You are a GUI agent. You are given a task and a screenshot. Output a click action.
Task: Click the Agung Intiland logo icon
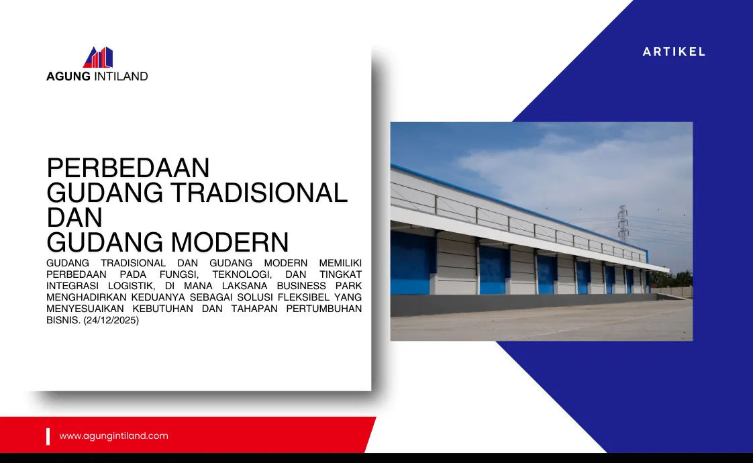click(x=98, y=57)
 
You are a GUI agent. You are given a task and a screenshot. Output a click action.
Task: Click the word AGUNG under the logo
click(x=68, y=76)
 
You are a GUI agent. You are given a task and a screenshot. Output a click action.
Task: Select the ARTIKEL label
click(x=674, y=52)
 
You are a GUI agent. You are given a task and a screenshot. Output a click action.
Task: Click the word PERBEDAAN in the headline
click(x=128, y=168)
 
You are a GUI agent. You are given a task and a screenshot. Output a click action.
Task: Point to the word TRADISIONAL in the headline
click(x=259, y=193)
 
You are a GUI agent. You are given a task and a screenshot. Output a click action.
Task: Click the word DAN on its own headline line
click(x=74, y=217)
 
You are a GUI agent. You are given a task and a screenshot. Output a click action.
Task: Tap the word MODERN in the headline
click(x=230, y=242)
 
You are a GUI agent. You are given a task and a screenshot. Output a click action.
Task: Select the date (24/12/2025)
click(x=111, y=320)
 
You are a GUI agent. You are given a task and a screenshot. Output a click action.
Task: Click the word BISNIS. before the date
click(x=63, y=320)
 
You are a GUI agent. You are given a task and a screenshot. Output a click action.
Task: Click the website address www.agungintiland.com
click(x=114, y=435)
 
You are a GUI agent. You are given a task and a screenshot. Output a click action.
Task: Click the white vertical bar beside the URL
click(x=48, y=437)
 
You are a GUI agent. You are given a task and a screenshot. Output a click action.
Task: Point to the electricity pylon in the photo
click(x=623, y=223)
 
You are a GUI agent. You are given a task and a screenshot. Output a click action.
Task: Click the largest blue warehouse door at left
click(x=410, y=263)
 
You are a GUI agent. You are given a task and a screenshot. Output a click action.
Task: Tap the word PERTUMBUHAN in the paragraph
click(x=323, y=309)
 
